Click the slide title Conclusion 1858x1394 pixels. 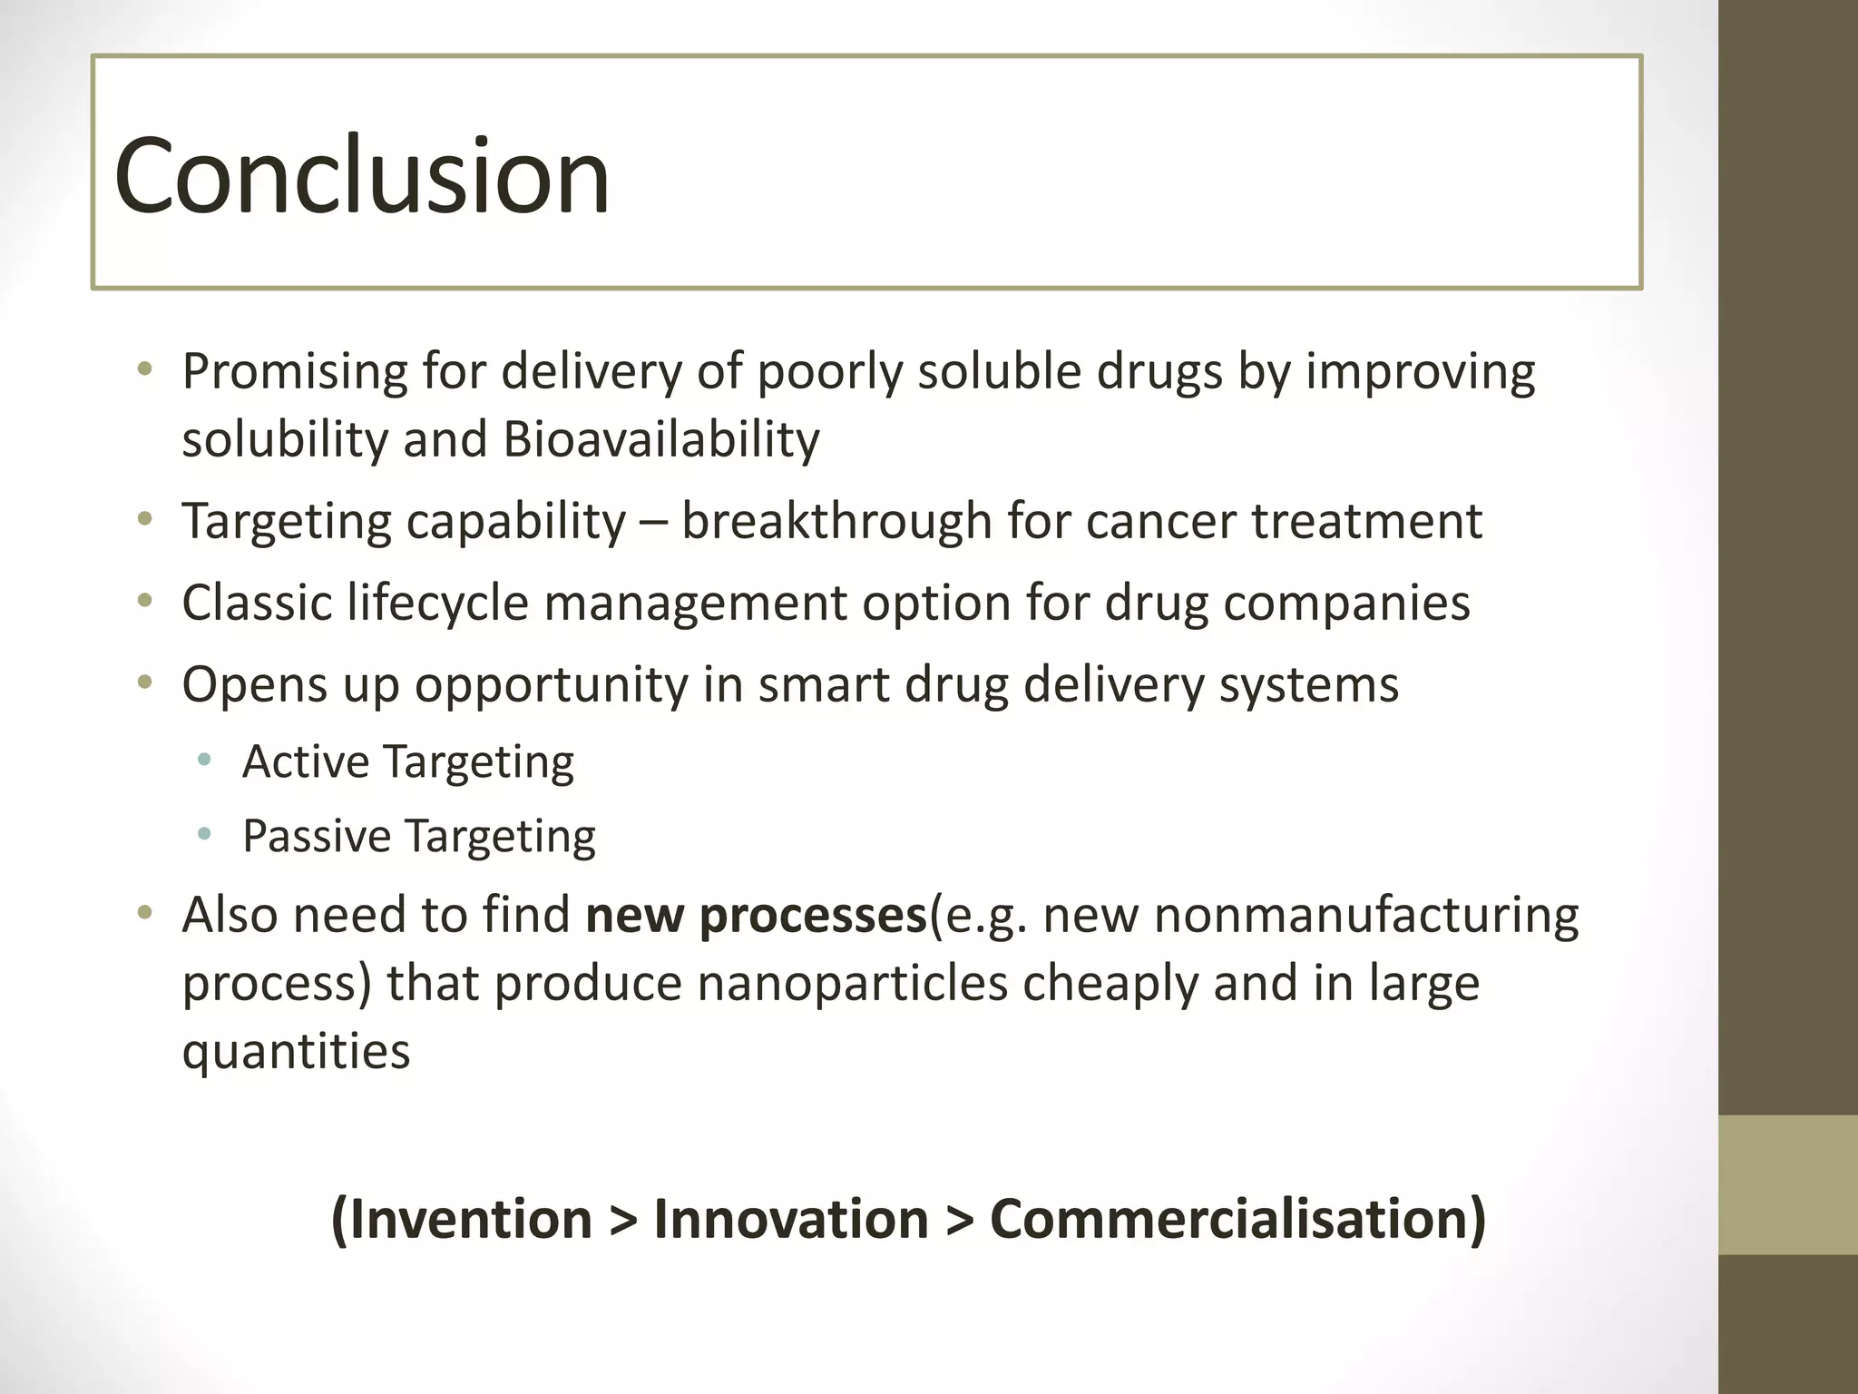click(x=361, y=174)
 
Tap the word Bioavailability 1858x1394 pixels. click(x=660, y=439)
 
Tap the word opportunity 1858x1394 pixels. click(x=552, y=684)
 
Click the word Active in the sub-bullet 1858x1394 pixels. click(x=306, y=761)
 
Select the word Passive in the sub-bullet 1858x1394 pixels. click(x=315, y=835)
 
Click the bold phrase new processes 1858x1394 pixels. click(x=756, y=915)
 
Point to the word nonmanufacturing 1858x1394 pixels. click(x=1366, y=915)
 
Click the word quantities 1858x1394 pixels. click(x=296, y=1051)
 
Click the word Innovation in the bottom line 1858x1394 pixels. click(x=791, y=1218)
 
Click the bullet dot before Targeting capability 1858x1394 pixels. click(x=145, y=520)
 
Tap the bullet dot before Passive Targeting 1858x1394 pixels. click(x=205, y=834)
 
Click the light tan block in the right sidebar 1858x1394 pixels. click(x=1788, y=1184)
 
